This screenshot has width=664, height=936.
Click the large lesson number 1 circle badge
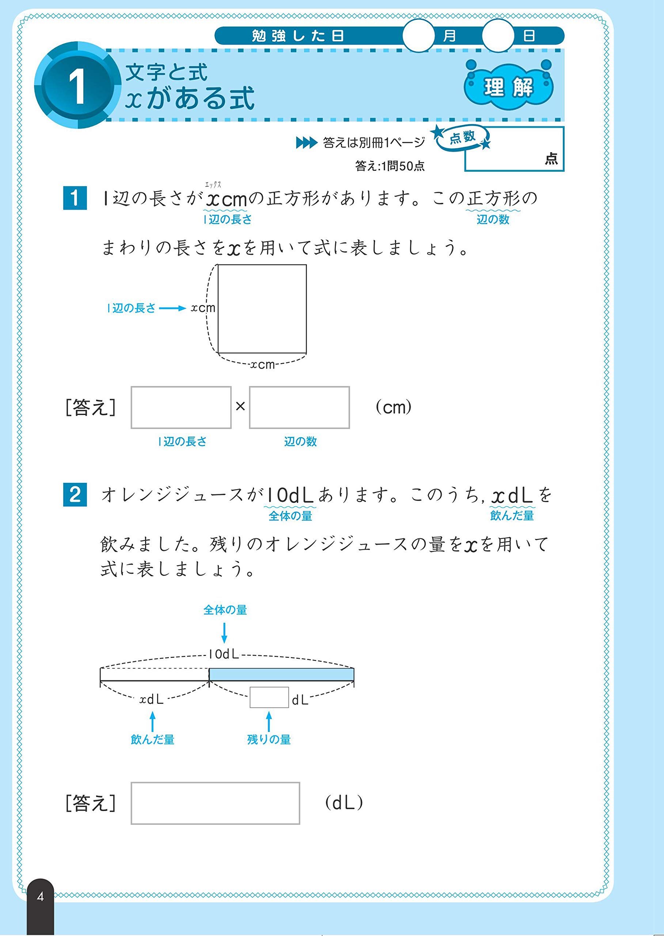pyautogui.click(x=77, y=86)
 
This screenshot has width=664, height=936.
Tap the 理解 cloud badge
pyautogui.click(x=509, y=87)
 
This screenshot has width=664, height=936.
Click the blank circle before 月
pyautogui.click(x=418, y=36)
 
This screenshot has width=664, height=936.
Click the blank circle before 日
pyautogui.click(x=498, y=36)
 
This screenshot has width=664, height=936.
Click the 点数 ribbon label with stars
pyautogui.click(x=462, y=137)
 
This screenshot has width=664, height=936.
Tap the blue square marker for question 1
pyautogui.click(x=75, y=198)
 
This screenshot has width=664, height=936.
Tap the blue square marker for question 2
pyautogui.click(x=75, y=495)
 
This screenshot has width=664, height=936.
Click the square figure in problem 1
pyautogui.click(x=262, y=309)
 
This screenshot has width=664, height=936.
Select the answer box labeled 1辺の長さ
pyautogui.click(x=181, y=407)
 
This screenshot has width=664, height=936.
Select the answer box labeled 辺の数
pyautogui.click(x=299, y=407)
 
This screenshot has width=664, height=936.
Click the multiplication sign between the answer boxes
pyautogui.click(x=240, y=406)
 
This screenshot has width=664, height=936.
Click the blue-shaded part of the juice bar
pyautogui.click(x=281, y=674)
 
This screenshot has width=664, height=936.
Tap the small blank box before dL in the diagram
pyautogui.click(x=269, y=698)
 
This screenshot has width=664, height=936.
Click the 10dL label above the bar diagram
pyautogui.click(x=224, y=654)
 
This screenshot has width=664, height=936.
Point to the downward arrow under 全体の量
pyautogui.click(x=224, y=633)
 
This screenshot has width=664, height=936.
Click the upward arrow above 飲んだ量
pyautogui.click(x=152, y=721)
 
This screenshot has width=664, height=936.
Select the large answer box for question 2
pyautogui.click(x=215, y=803)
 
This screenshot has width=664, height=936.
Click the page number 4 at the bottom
pyautogui.click(x=40, y=897)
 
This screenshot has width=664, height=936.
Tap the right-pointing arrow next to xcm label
pyautogui.click(x=172, y=308)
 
